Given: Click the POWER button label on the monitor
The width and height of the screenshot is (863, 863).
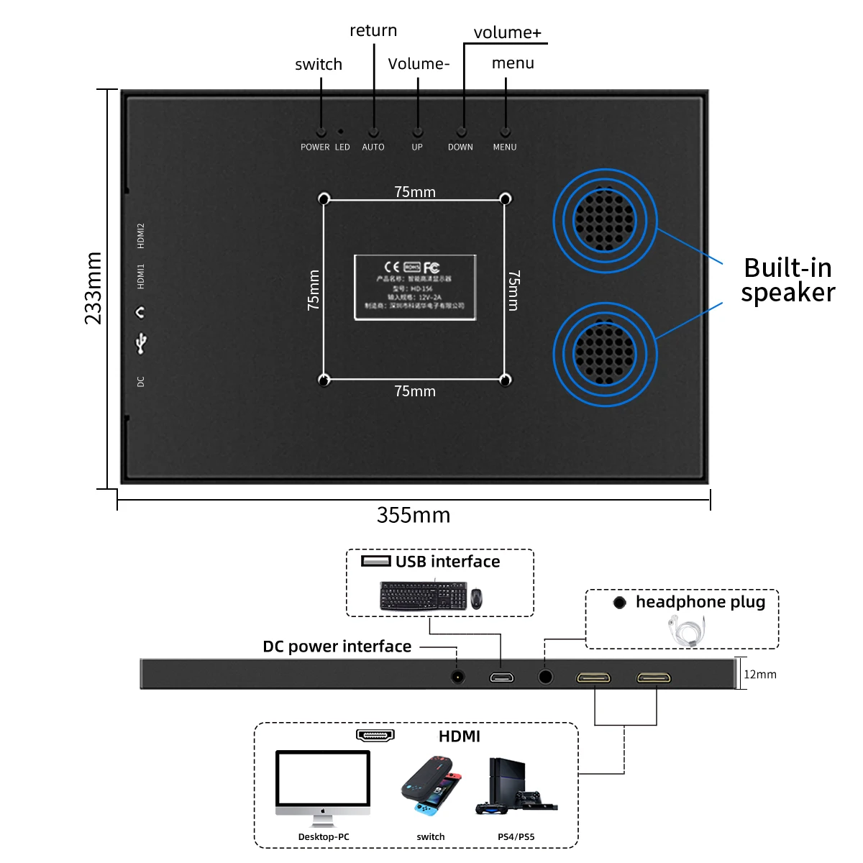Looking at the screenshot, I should pos(315,147).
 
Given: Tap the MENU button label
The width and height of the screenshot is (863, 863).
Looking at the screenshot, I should pos(505,147).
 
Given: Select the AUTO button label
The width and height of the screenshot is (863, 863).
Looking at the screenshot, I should pos(373,147).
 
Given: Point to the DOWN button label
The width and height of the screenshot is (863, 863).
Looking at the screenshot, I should pos(460,147).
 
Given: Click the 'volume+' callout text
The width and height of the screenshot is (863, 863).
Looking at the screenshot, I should pos(507,32).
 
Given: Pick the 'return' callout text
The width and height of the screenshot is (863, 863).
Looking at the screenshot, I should pos(373,30).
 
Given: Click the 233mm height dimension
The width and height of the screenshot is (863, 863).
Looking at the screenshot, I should pos(93,288).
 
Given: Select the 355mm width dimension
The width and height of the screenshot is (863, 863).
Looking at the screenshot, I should pos(414,515).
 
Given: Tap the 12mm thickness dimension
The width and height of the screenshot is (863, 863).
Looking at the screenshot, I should pos(760,675).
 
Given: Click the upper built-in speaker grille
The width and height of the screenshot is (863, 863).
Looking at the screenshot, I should pos(605,220).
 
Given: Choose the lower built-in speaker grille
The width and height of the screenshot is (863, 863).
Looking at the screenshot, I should pos(605,354).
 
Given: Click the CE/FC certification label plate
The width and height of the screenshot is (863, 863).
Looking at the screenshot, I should pos(415,287).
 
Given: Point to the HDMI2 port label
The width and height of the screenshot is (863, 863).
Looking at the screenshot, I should pos(141,236).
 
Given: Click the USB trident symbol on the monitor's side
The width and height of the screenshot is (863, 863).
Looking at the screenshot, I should pos(141,342).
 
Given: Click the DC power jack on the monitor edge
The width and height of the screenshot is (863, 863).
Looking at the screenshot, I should pos(457,677).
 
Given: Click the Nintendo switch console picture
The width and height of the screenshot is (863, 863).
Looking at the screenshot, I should pos(431,786).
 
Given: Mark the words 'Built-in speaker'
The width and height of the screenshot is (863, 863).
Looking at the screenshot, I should pos(788,280).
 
